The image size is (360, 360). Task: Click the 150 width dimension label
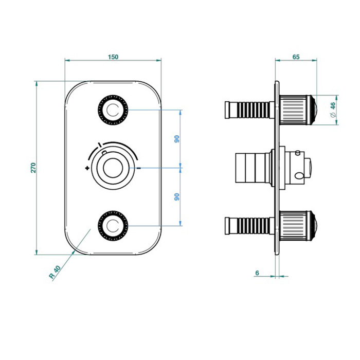pyautogui.click(x=113, y=57)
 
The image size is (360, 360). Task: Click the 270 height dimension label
pyautogui.click(x=33, y=167)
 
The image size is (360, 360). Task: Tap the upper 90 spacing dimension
pyautogui.click(x=176, y=139)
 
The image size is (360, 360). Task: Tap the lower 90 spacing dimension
pyautogui.click(x=176, y=196)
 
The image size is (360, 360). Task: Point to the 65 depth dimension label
pyautogui.click(x=296, y=57)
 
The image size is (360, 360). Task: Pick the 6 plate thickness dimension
pyautogui.click(x=257, y=273)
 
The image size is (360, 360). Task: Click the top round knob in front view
pyautogui.click(x=113, y=110)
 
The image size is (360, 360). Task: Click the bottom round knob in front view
pyautogui.click(x=113, y=225)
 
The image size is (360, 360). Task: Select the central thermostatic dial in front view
pyautogui.click(x=113, y=168)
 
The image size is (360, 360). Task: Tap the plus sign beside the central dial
pyautogui.click(x=87, y=168)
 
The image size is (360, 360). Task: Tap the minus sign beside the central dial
pyautogui.click(x=138, y=168)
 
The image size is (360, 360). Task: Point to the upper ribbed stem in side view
pyautogui.click(x=248, y=110)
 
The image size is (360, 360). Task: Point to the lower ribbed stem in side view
pyautogui.click(x=248, y=225)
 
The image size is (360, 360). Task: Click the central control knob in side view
pyautogui.click(x=298, y=168)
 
